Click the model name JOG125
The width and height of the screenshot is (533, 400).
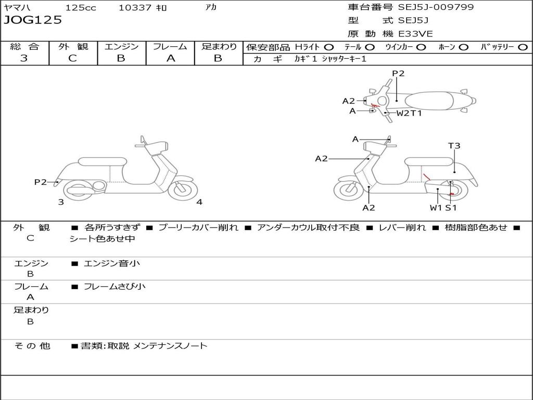click(x=33, y=20)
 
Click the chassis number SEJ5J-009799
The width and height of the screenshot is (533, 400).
click(x=436, y=7)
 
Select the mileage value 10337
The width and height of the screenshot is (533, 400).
click(x=135, y=8)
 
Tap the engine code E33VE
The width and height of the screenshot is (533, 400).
click(x=416, y=34)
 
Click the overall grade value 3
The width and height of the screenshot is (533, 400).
click(x=24, y=58)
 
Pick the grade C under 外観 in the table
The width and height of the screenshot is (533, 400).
click(x=72, y=58)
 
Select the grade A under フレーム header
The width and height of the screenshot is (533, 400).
click(x=170, y=58)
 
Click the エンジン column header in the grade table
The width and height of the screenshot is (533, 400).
click(x=121, y=47)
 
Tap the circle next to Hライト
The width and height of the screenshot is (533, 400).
click(x=329, y=47)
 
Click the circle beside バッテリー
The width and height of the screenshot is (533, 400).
click(x=523, y=47)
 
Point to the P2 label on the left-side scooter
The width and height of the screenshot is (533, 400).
click(x=40, y=182)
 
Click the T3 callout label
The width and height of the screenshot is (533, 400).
click(x=454, y=146)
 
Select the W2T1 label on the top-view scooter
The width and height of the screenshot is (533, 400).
click(x=409, y=113)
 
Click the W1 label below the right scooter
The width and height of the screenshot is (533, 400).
click(x=436, y=208)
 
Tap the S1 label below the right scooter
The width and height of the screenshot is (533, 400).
click(x=451, y=208)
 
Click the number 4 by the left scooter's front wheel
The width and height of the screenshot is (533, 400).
click(x=199, y=202)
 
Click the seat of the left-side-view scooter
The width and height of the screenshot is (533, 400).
click(x=102, y=161)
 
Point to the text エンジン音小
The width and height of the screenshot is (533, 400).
click(x=112, y=264)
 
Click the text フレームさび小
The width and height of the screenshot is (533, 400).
click(x=115, y=286)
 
